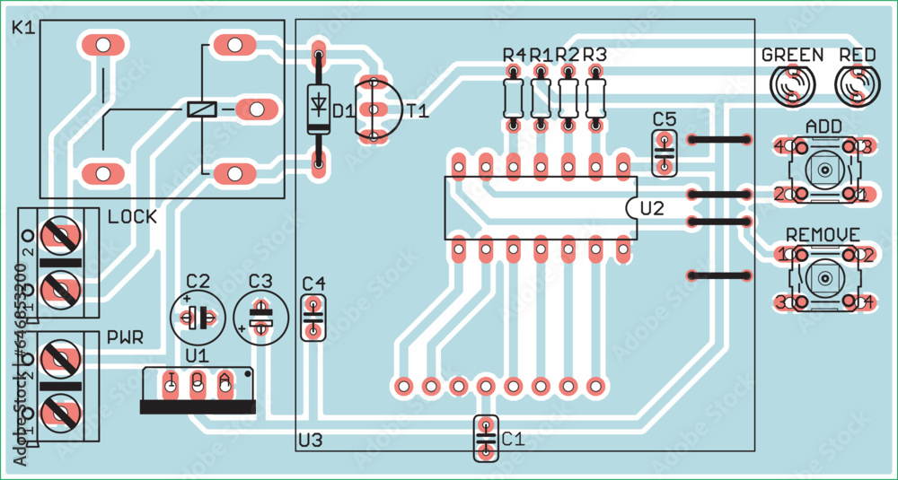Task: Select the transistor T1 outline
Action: [x=374, y=109]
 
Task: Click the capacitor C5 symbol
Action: [x=664, y=153]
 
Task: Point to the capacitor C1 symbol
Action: [x=485, y=439]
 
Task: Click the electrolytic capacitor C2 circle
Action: [x=198, y=316]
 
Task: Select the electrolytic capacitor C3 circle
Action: [x=260, y=316]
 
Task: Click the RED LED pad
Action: [x=857, y=86]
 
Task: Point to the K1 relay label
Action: [x=23, y=29]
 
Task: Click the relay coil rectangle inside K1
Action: [x=201, y=109]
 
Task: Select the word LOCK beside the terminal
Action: [x=131, y=217]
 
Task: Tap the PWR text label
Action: [x=126, y=338]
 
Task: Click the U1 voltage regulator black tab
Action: [x=198, y=406]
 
